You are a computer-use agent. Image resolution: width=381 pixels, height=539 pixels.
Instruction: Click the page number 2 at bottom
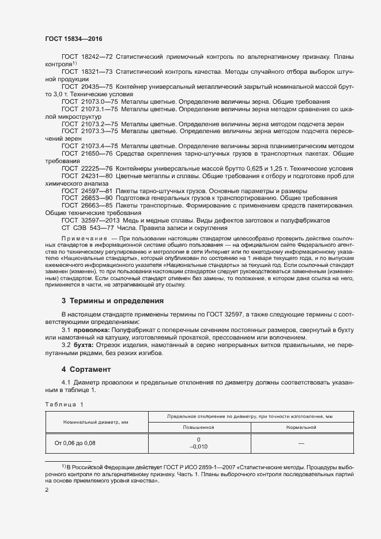47,489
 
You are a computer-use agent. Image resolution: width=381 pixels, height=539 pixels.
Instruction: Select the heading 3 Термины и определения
113,300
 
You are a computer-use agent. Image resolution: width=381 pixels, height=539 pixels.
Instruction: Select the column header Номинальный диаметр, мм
96,423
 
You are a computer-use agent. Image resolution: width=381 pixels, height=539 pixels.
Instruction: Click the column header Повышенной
198,428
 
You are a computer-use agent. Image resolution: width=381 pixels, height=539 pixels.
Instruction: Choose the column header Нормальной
300,428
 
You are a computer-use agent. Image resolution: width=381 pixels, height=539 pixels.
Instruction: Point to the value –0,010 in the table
198,447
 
